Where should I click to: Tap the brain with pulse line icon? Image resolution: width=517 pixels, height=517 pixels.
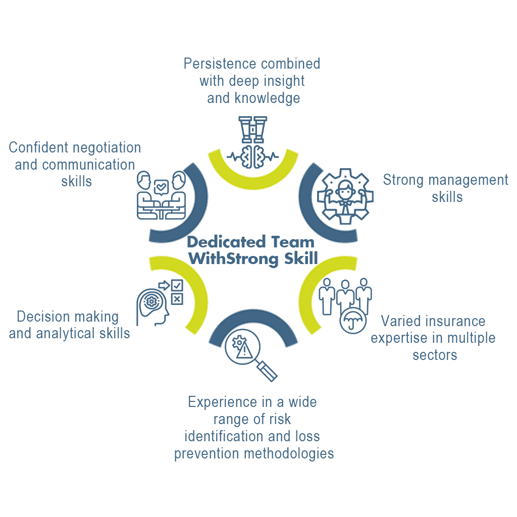click(253, 156)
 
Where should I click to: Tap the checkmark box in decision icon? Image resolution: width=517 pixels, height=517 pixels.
click(177, 286)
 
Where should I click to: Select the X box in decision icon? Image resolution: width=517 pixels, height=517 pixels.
click(177, 299)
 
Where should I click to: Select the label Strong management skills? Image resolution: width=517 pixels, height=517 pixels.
click(446, 188)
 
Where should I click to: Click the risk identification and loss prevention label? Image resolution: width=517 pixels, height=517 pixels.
click(253, 428)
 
